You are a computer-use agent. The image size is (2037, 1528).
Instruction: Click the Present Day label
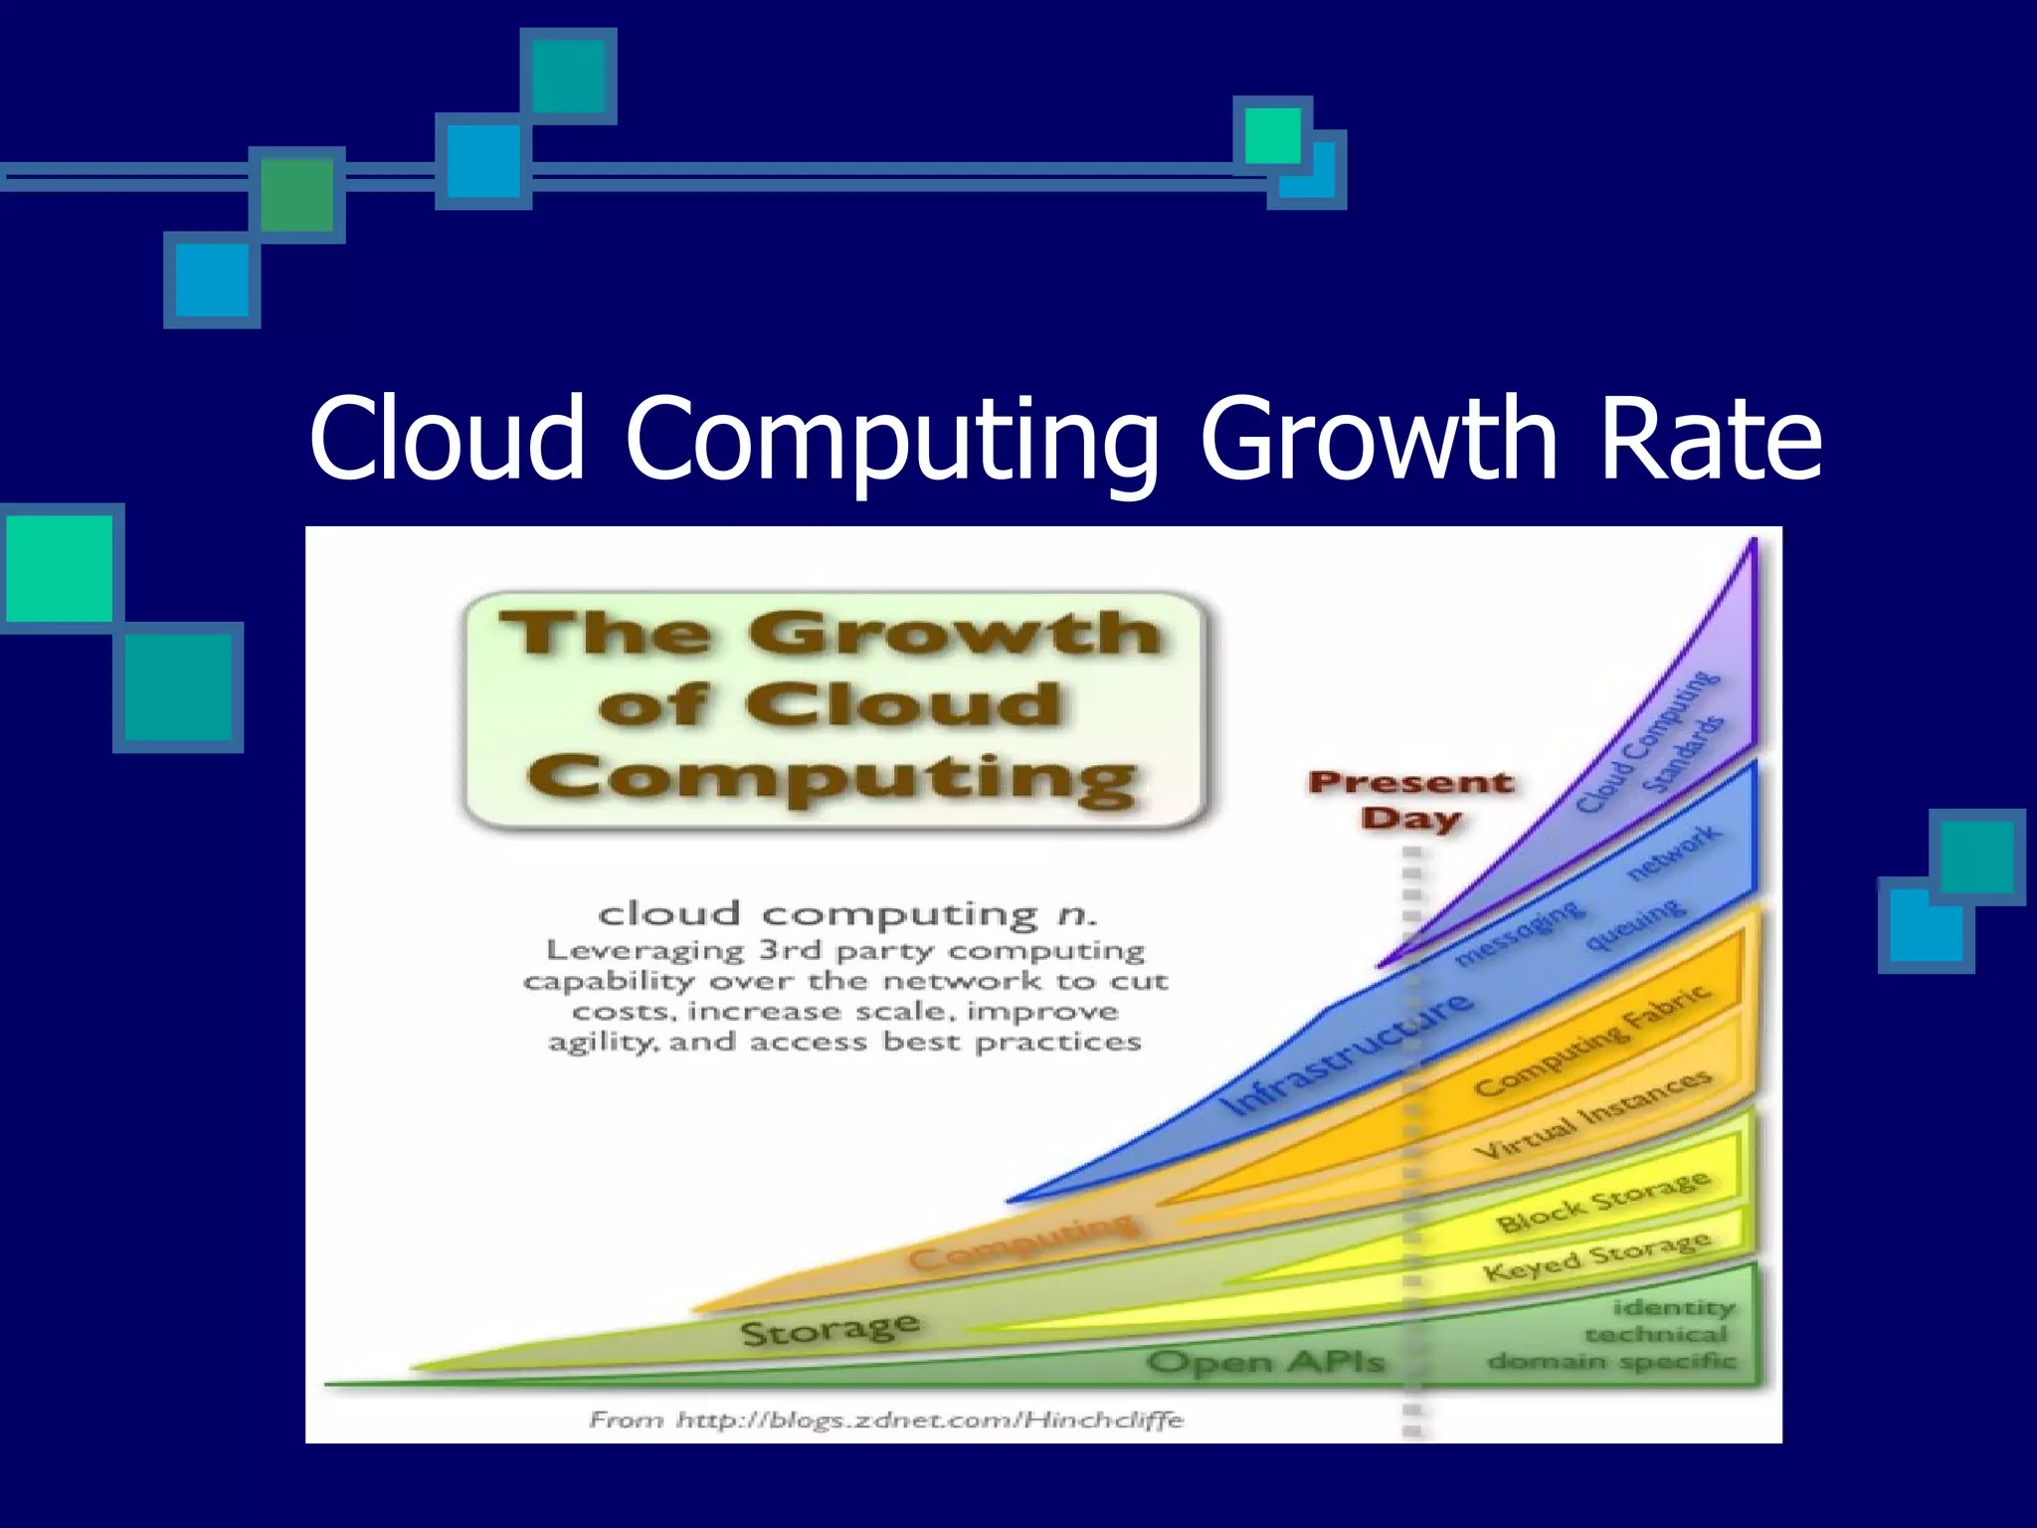point(1410,800)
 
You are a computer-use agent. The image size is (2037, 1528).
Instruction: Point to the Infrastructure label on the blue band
point(1349,1054)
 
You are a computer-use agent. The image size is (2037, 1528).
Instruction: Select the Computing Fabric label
point(1591,1040)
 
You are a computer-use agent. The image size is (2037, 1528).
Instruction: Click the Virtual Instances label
point(1591,1114)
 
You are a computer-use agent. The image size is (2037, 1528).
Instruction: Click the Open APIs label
point(1265,1361)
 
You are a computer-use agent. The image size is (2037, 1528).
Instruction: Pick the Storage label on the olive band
point(830,1329)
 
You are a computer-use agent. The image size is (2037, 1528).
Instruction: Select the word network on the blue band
point(1673,853)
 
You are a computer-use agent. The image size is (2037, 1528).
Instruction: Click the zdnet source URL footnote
point(885,1420)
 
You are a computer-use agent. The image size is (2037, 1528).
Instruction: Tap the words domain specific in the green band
point(1611,1361)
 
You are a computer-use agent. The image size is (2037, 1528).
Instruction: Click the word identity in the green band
point(1673,1306)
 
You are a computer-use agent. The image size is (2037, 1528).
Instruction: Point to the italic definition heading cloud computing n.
point(845,913)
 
